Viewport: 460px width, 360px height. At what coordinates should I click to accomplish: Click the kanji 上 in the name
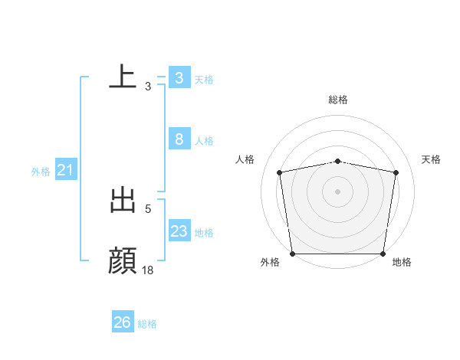[x=123, y=77]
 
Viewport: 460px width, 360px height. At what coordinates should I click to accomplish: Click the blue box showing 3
[x=179, y=78]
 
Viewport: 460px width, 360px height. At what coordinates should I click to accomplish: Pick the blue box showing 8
[x=179, y=139]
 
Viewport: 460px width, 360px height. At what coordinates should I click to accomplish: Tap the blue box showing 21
[x=65, y=170]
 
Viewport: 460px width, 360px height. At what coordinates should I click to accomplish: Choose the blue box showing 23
[x=179, y=231]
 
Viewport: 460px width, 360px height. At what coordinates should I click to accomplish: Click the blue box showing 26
[x=122, y=322]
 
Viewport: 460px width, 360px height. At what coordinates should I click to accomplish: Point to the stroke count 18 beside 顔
[x=148, y=270]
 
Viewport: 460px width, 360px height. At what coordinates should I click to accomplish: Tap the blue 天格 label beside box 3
[x=204, y=80]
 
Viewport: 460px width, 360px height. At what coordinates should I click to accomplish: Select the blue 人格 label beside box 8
[x=204, y=141]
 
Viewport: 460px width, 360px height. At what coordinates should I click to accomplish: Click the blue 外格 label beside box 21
[x=41, y=172]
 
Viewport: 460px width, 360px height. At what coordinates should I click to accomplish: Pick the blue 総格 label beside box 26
[x=147, y=324]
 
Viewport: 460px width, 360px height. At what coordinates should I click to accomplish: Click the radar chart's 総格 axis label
[x=338, y=100]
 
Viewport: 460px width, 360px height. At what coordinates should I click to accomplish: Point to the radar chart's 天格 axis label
[x=432, y=159]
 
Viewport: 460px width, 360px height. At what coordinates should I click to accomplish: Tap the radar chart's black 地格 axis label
[x=402, y=263]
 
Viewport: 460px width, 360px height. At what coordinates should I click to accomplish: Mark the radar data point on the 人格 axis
[x=280, y=172]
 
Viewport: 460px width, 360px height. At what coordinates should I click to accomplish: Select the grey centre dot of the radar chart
[x=338, y=191]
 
